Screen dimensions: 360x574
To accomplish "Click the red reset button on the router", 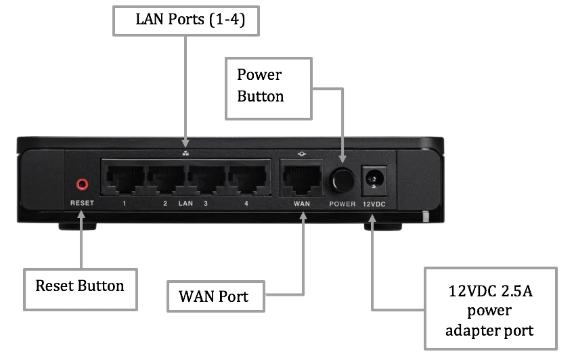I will (x=83, y=183).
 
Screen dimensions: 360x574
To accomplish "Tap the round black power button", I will (x=343, y=180).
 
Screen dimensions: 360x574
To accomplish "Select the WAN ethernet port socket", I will (x=301, y=177).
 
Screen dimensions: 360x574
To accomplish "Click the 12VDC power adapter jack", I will (x=373, y=179).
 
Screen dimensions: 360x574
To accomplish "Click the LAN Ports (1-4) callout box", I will (x=185, y=20).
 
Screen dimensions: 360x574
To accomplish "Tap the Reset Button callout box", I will (x=80, y=286).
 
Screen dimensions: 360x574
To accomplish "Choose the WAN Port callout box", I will (x=215, y=296).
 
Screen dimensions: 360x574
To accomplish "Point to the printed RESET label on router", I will (x=83, y=203).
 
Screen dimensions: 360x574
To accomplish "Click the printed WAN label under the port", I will (x=301, y=203).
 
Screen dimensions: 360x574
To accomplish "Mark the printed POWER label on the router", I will (x=343, y=204).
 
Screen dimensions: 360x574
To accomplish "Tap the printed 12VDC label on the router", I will (x=374, y=204).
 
